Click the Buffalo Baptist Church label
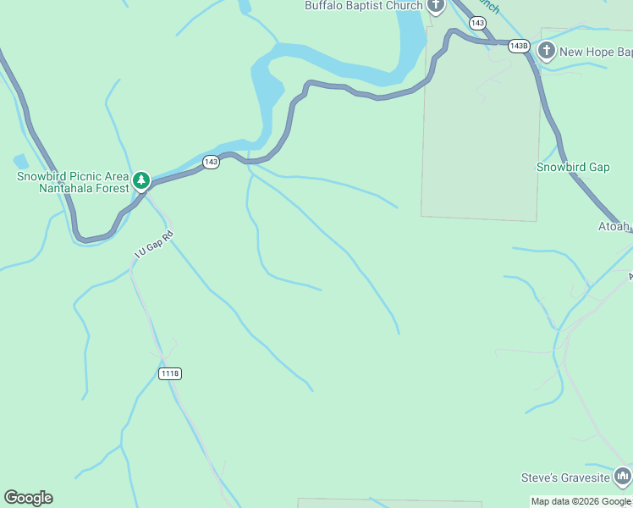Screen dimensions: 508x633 [363, 6]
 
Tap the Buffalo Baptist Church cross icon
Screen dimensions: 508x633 [436, 6]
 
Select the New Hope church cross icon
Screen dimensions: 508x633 [547, 51]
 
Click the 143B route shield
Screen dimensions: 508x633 [520, 46]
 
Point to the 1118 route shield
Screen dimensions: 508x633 [170, 373]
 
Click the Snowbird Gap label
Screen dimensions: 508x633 [573, 167]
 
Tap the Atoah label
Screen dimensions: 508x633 [614, 226]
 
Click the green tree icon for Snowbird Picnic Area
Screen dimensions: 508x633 [141, 180]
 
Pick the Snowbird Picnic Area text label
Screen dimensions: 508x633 [73, 176]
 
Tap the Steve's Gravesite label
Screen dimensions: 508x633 [566, 478]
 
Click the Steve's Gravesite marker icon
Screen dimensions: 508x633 [623, 478]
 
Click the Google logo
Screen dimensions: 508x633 [28, 498]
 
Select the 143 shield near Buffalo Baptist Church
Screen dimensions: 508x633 [477, 23]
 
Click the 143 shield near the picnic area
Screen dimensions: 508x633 [211, 162]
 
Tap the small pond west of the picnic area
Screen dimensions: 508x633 [20, 161]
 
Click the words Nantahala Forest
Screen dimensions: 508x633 [84, 188]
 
